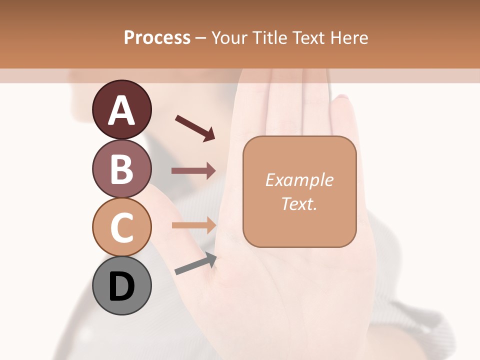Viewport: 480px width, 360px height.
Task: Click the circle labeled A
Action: pyautogui.click(x=121, y=109)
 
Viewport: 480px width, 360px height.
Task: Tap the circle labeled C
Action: pyautogui.click(x=121, y=227)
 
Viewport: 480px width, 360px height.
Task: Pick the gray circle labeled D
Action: pyautogui.click(x=121, y=285)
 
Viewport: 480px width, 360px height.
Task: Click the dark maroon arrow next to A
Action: pyautogui.click(x=195, y=127)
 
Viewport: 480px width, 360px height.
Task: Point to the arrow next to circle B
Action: pyautogui.click(x=193, y=171)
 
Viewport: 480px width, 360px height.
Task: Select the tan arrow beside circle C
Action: pyautogui.click(x=193, y=225)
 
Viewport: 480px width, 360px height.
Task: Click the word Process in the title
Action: pyautogui.click(x=157, y=38)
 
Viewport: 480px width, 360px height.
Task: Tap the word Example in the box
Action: pyautogui.click(x=299, y=180)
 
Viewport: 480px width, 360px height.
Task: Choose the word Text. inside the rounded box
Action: pyautogui.click(x=299, y=203)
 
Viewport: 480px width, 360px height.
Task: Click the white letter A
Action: pyautogui.click(x=121, y=110)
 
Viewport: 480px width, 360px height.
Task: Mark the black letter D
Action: pyautogui.click(x=121, y=286)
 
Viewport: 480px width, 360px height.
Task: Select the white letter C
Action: pyautogui.click(x=121, y=227)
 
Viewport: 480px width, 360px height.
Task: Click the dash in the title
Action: pyautogui.click(x=200, y=38)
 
